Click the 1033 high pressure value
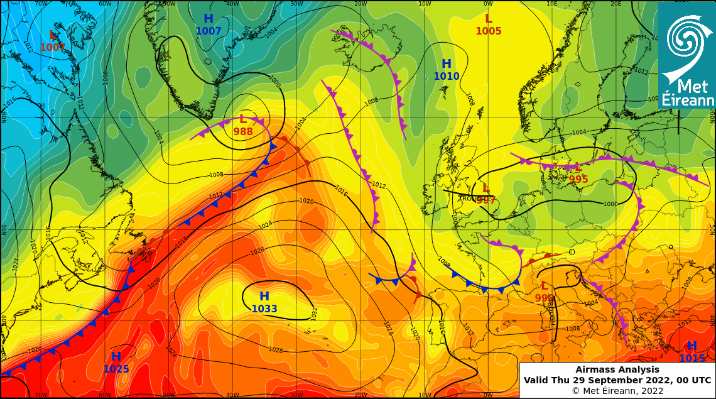(x=264, y=309)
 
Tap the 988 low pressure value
(x=243, y=132)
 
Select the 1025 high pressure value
(x=116, y=369)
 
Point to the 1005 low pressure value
(x=488, y=31)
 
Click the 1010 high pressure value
(x=447, y=77)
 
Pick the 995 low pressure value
(x=578, y=180)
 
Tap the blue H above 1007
(x=209, y=19)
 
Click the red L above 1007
(x=53, y=35)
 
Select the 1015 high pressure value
(x=692, y=359)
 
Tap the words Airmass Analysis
(x=617, y=370)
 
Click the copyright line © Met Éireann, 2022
(x=617, y=391)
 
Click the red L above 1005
(x=488, y=19)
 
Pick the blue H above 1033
(x=264, y=296)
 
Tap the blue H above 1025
(x=116, y=357)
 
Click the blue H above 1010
(x=447, y=64)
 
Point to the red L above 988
(x=243, y=119)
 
